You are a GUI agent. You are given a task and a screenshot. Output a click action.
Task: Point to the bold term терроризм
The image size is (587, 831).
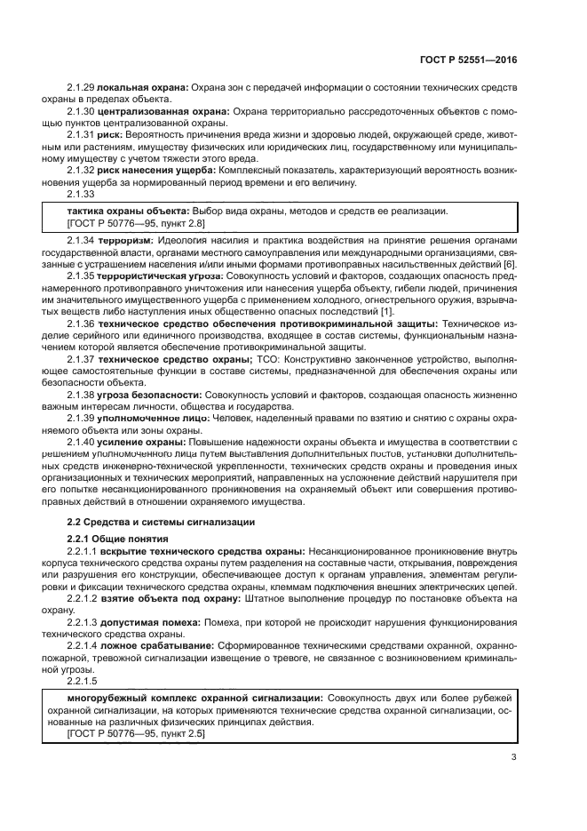[x=125, y=241]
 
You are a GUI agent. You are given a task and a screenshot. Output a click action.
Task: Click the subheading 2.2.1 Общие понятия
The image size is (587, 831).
[x=116, y=539]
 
